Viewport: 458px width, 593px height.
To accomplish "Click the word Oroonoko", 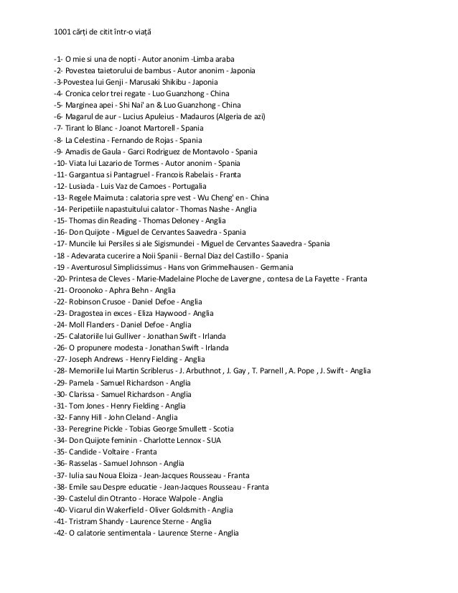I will pyautogui.click(x=90, y=289).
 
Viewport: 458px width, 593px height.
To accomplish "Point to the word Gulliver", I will pyautogui.click(x=124, y=336).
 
